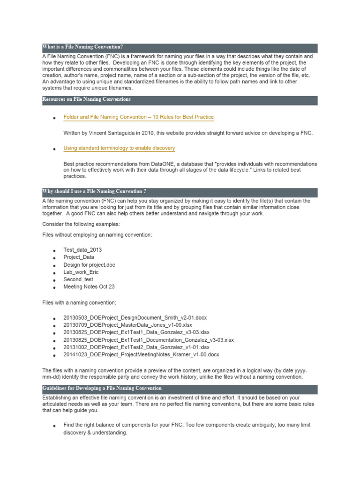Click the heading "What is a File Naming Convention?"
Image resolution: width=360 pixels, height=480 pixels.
(82, 47)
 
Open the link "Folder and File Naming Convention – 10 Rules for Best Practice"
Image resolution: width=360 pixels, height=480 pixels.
(138, 117)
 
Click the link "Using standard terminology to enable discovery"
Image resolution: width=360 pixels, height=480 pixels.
(119, 148)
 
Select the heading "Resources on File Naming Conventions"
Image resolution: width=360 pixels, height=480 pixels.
(87, 99)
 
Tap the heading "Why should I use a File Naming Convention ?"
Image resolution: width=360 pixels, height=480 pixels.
(94, 191)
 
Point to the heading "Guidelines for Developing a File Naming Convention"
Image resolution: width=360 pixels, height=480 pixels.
(102, 388)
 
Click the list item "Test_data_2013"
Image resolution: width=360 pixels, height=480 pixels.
(82, 250)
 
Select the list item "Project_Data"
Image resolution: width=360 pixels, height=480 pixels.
(79, 257)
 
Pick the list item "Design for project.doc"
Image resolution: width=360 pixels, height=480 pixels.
(89, 265)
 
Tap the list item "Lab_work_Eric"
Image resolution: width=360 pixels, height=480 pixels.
(81, 272)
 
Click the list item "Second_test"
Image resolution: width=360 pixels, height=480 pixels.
(78, 279)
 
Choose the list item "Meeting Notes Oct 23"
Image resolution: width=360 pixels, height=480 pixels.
(89, 287)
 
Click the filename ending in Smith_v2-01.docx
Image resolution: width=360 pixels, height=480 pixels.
(135, 318)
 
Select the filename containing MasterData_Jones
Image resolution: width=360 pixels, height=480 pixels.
(127, 325)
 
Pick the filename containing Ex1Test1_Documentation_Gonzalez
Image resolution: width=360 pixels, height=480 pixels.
(148, 340)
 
